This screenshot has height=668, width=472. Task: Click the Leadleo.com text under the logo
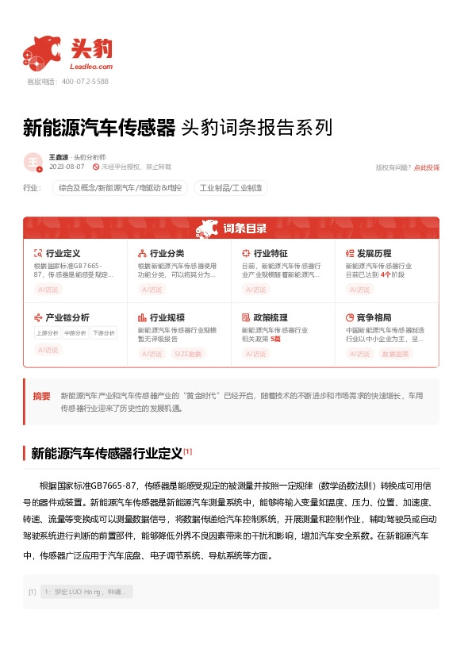(92, 67)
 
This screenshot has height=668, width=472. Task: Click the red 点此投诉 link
(426, 167)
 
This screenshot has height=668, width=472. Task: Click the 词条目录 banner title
(245, 228)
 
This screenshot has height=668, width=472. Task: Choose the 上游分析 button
(47, 333)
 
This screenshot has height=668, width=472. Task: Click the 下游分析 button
(103, 333)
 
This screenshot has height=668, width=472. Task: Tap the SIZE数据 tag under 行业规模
(187, 354)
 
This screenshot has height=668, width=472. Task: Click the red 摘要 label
(41, 395)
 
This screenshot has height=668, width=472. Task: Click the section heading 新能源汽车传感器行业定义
(106, 454)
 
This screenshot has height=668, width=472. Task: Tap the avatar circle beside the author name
(33, 163)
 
